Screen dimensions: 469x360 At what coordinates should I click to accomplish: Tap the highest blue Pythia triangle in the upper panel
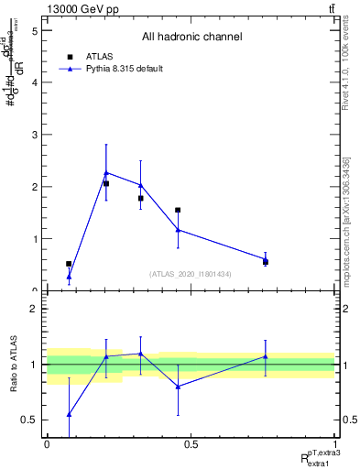106,172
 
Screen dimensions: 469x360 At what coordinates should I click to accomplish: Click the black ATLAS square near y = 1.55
178,210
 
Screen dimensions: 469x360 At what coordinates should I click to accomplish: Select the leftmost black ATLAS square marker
69,264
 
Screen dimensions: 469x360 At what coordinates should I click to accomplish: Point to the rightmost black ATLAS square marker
266,262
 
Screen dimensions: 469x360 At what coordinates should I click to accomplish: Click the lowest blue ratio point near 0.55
69,414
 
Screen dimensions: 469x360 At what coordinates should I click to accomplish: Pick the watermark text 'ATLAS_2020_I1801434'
191,274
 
